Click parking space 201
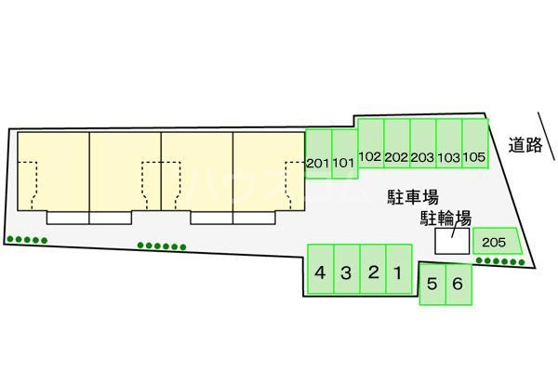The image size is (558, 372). pos(318,163)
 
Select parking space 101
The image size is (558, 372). pos(344,163)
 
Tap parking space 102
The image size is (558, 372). pos(370,155)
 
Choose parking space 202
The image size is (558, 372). pos(396,155)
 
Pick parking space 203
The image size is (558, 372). pos(423,155)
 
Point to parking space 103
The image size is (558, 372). pos(449,155)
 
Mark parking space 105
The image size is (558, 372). pos(475,155)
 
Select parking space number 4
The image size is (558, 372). pos(319,272)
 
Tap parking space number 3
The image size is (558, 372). pos(345,272)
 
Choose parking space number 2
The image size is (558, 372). pos(372,272)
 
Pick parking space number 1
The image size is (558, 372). pos(397,272)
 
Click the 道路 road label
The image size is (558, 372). pos(525,145)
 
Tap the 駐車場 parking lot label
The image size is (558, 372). pos(412,197)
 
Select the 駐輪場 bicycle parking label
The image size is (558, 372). pos(443,218)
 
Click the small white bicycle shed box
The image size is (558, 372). pos(453,241)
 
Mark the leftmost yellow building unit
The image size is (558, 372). pos(52,171)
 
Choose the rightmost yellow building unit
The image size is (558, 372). pos(269,171)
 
